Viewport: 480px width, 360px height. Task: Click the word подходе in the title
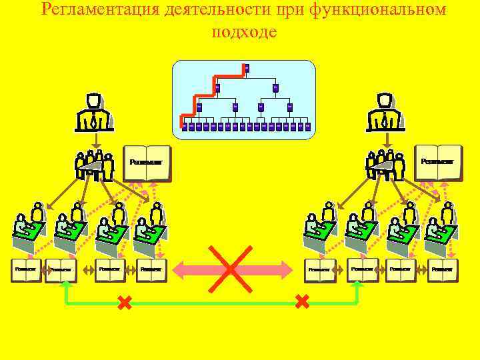[x=243, y=31]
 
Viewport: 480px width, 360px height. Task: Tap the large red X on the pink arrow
[x=230, y=269]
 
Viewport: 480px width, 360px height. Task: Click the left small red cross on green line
[x=124, y=303]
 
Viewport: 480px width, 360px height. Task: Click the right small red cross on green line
[x=301, y=302]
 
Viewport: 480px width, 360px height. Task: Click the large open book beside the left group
[x=147, y=163]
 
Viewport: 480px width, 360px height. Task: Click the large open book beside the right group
[x=438, y=162]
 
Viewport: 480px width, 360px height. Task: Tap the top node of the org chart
[x=247, y=67]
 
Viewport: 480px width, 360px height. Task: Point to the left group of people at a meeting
[x=94, y=164]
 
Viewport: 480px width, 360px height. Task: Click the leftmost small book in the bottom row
[x=26, y=269]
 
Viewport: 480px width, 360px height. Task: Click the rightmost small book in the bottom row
[x=442, y=269]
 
